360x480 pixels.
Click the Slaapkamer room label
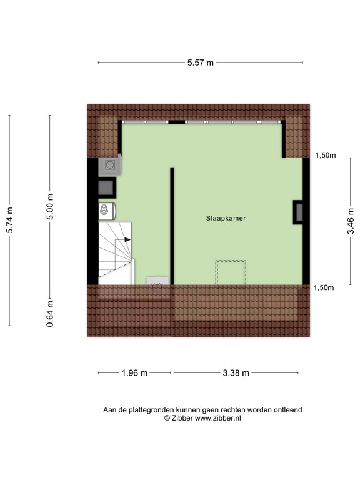pyautogui.click(x=226, y=219)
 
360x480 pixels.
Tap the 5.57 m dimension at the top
pyautogui.click(x=201, y=62)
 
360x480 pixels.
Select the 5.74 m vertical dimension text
pyautogui.click(x=9, y=220)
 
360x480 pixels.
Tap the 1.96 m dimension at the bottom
pyautogui.click(x=134, y=373)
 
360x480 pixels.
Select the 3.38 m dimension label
pyautogui.click(x=236, y=373)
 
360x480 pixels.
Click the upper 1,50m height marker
pyautogui.click(x=325, y=155)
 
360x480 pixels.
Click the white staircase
pyautogui.click(x=114, y=252)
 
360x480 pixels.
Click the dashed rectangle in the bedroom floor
pyautogui.click(x=231, y=272)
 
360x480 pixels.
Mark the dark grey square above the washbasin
pyautogui.click(x=106, y=186)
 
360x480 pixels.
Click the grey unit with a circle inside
pyautogui.click(x=111, y=164)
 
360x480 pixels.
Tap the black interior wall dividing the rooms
pyautogui.click(x=171, y=225)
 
